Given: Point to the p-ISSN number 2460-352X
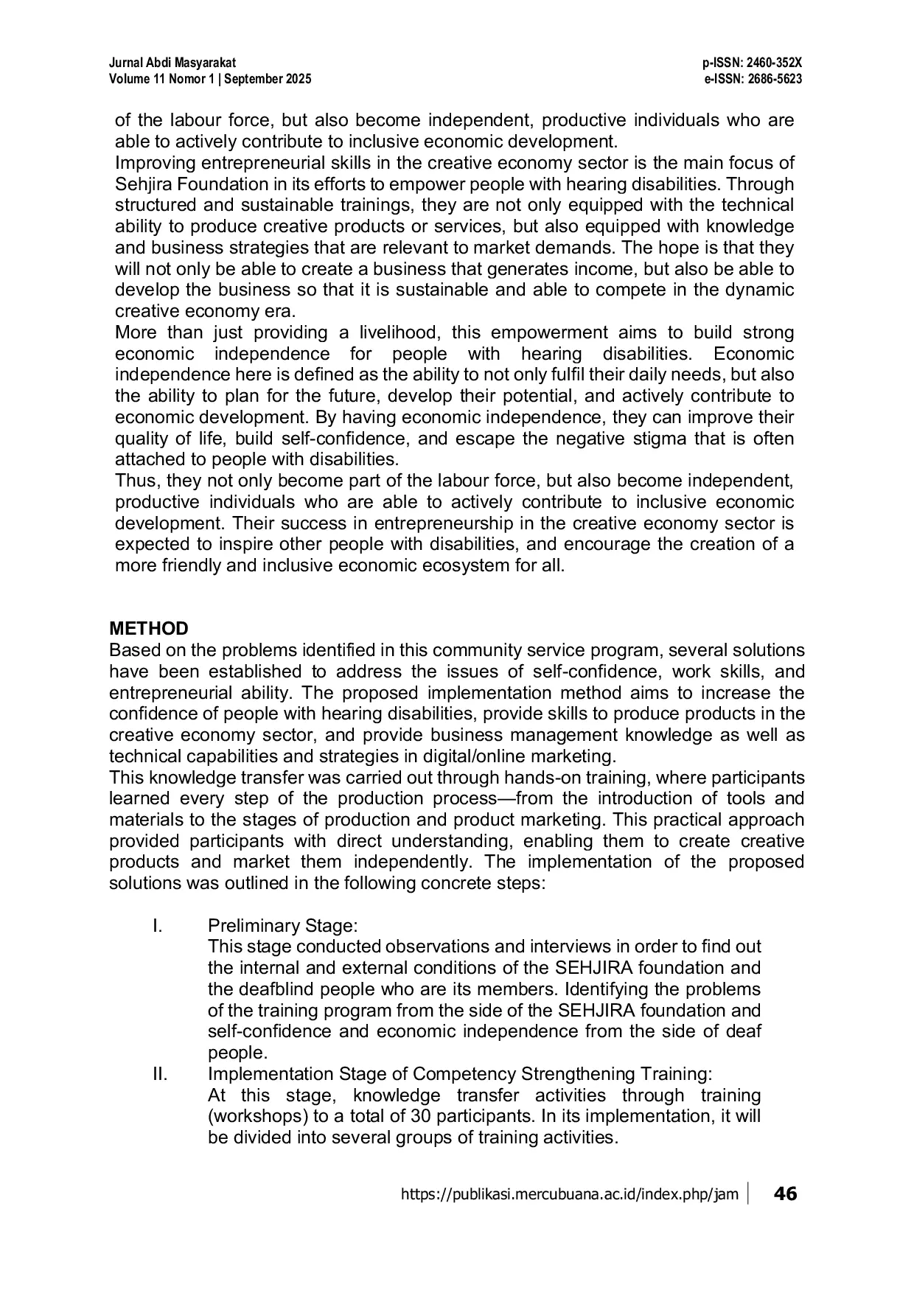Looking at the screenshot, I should click(x=773, y=65).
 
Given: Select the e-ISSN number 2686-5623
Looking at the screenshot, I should click(x=773, y=79).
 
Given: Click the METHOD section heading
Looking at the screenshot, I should click(x=149, y=629).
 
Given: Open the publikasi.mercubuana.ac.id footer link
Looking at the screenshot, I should click(x=569, y=1194).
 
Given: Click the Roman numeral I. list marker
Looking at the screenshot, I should click(x=157, y=925).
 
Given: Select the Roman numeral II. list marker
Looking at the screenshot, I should click(x=160, y=1073).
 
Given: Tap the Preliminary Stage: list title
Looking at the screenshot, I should click(x=282, y=925).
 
